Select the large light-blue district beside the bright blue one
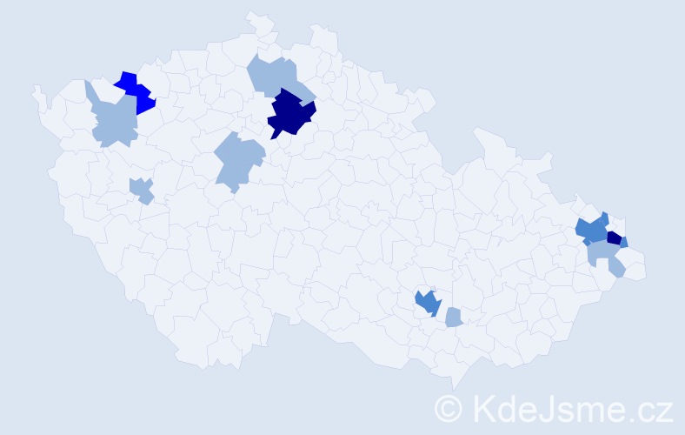click(x=114, y=121)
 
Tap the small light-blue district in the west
click(x=141, y=189)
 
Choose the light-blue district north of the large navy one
click(x=274, y=75)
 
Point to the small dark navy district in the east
click(x=614, y=238)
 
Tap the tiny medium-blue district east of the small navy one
click(x=624, y=242)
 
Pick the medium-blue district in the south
click(x=428, y=303)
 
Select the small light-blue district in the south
click(x=453, y=318)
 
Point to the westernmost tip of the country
click(x=35, y=87)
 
